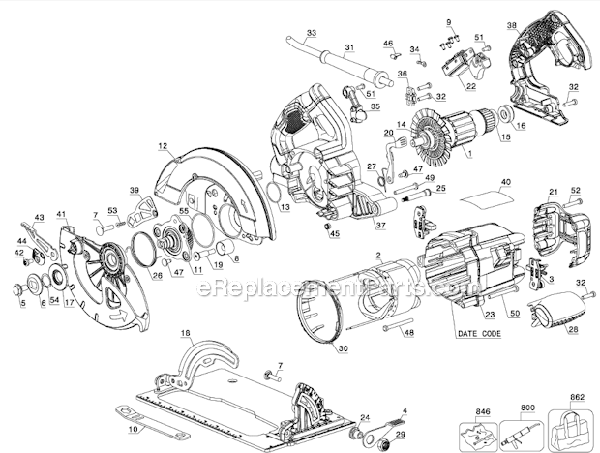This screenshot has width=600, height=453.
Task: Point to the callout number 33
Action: (x=311, y=33)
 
